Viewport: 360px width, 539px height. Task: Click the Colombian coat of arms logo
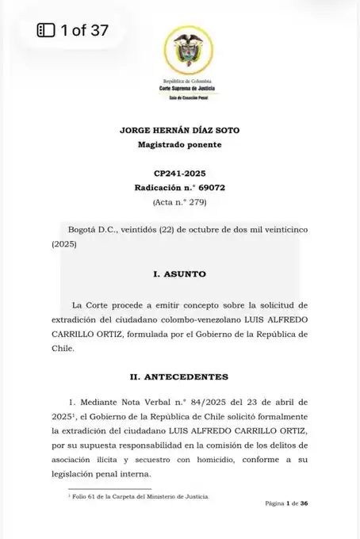click(181, 50)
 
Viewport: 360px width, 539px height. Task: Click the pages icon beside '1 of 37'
click(46, 31)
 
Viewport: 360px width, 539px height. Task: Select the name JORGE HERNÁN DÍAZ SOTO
click(181, 129)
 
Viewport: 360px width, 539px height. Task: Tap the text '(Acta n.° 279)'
click(181, 202)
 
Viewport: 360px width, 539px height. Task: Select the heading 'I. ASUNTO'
click(181, 274)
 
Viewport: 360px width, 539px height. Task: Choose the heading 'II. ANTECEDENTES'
click(181, 375)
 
